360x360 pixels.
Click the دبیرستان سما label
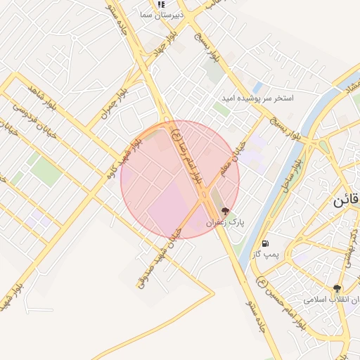tap(162, 14)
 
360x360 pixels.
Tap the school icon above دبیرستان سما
tap(162, 4)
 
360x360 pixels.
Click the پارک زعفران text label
tap(225, 222)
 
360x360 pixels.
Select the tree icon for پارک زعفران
tap(225, 210)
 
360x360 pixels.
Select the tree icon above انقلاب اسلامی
tap(337, 288)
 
